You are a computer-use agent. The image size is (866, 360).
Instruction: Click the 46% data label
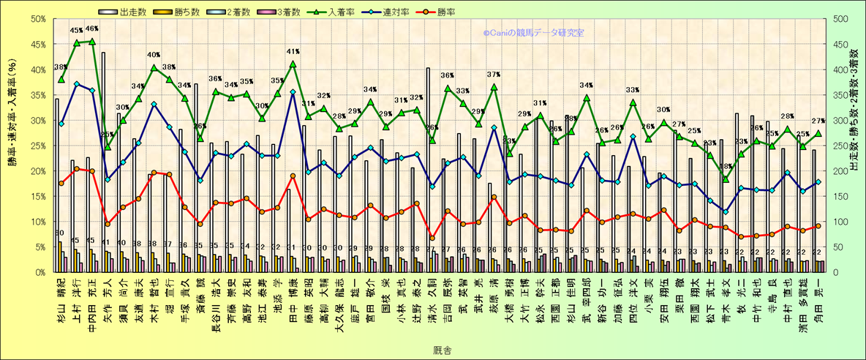[x=92, y=29]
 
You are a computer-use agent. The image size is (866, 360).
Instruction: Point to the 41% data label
[x=293, y=52]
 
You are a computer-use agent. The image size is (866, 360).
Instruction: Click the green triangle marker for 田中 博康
[x=293, y=64]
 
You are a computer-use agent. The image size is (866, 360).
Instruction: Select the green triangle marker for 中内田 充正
[x=91, y=41]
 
